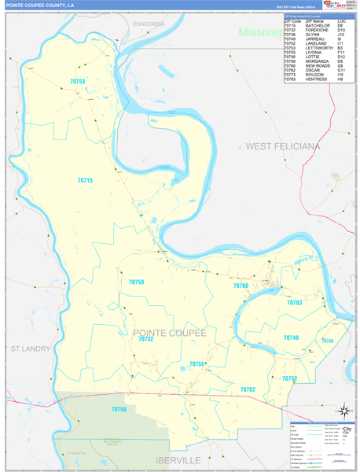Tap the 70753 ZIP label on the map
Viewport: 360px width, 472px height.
[77, 81]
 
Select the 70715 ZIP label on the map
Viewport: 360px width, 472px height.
[85, 181]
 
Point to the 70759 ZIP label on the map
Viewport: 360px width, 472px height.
[136, 282]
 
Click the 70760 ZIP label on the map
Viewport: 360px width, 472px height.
[241, 286]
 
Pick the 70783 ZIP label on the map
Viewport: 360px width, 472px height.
[295, 303]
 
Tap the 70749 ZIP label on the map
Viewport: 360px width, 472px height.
[291, 337]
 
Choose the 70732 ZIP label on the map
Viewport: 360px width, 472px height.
[145, 340]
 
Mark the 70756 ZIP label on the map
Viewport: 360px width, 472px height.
[119, 409]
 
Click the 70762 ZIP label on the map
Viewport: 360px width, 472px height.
[248, 389]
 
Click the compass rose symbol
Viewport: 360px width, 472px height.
[343, 409]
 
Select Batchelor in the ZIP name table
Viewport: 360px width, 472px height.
[316, 24]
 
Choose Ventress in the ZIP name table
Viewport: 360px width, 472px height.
[316, 79]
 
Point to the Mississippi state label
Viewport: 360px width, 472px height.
[261, 32]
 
